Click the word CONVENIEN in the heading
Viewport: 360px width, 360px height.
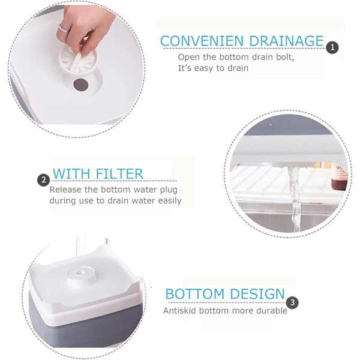coord(202,41)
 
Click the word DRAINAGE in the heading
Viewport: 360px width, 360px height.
coord(286,41)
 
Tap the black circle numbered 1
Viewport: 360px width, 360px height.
coord(332,47)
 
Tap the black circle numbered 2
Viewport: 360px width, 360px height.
coord(43,180)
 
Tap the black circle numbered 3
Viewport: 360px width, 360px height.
coord(292,302)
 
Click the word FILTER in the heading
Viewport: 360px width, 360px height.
coord(119,174)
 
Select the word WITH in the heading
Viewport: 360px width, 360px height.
coord(71,174)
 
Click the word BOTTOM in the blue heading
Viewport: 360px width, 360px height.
coord(194,294)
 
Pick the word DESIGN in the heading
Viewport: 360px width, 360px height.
coord(257,294)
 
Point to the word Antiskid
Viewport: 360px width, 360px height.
coord(180,311)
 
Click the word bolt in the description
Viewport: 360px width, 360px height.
coord(285,57)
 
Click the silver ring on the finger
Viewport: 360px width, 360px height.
coord(64,29)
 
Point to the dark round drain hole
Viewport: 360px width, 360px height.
coord(81,85)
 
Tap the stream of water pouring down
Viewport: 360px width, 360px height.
coord(295,197)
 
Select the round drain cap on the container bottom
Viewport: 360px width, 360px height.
coord(82,276)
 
